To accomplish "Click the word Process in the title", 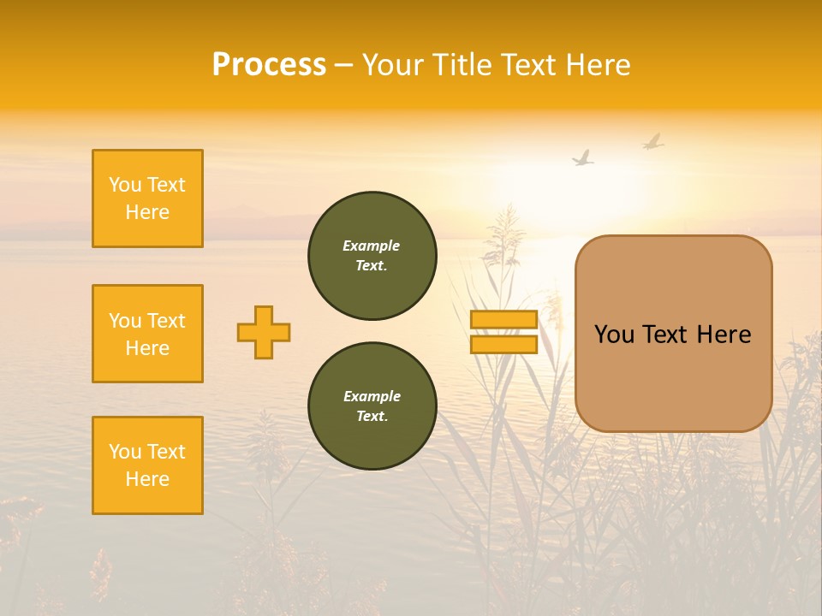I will (x=269, y=65).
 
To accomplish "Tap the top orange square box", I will (x=147, y=198).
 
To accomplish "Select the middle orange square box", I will (x=147, y=334).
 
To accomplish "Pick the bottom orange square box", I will (x=147, y=465).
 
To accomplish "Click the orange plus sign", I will (x=264, y=332).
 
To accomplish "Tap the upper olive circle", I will (x=372, y=256).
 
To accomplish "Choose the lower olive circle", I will (x=372, y=406).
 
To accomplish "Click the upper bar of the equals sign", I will (x=504, y=320).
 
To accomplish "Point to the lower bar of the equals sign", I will (x=504, y=344).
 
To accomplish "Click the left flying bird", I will (x=583, y=158).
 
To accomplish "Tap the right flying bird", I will (x=653, y=141).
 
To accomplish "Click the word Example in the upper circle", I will (x=371, y=246).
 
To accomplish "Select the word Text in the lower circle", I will (x=371, y=416).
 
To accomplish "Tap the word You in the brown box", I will (x=614, y=335).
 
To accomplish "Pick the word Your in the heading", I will (x=395, y=65).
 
